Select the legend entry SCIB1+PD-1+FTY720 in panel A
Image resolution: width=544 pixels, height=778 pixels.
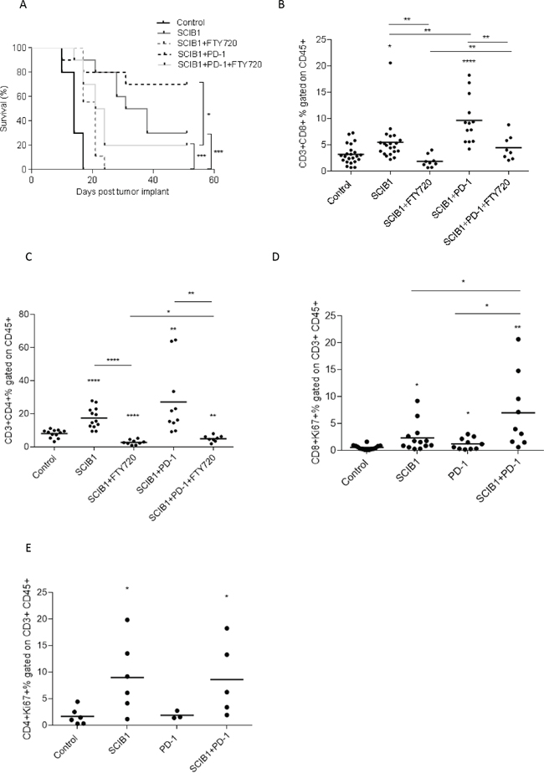pyautogui.click(x=220, y=64)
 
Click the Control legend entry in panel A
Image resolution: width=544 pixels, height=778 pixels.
pyautogui.click(x=191, y=23)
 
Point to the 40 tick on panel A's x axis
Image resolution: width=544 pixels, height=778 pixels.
pyautogui.click(x=153, y=180)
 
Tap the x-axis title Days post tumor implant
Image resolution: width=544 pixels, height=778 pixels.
pyautogui.click(x=122, y=192)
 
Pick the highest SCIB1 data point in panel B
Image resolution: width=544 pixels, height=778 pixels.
pyautogui.click(x=391, y=63)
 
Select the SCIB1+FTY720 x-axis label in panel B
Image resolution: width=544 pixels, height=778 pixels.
pyautogui.click(x=407, y=204)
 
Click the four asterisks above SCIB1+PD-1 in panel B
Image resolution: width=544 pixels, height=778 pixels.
pyautogui.click(x=469, y=62)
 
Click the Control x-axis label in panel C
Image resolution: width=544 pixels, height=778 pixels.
pyautogui.click(x=44, y=466)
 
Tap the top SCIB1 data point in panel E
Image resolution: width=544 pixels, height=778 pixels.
pyautogui.click(x=127, y=620)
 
